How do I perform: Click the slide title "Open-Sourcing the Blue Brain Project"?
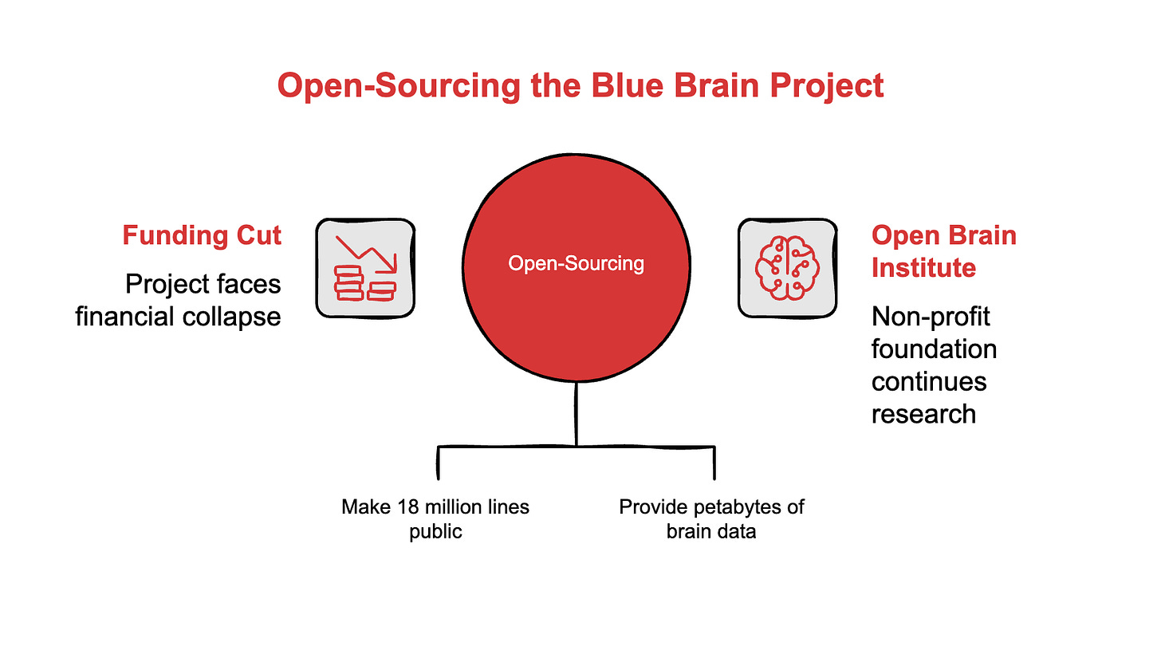[x=580, y=85]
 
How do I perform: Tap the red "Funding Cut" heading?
[x=202, y=235]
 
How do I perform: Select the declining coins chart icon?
[x=366, y=267]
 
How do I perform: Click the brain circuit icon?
[x=787, y=267]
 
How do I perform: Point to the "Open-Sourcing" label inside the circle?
[x=577, y=263]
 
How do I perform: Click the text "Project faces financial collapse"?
[x=179, y=300]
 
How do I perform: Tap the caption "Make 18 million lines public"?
[x=435, y=518]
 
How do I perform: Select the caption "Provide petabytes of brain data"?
[x=711, y=518]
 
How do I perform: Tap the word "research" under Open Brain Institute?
[x=923, y=413]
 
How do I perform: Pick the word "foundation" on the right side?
[x=934, y=349]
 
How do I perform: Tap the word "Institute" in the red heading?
[x=923, y=267]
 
